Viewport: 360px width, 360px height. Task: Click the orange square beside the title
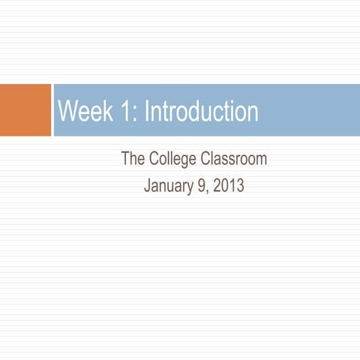coord(25,110)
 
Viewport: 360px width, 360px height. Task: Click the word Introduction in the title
coord(201,112)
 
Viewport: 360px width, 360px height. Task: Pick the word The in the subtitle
coord(132,160)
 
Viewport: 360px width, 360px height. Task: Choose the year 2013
coord(229,185)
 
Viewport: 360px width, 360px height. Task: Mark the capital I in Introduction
coord(145,112)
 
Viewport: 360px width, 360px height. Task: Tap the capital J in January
coord(147,185)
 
